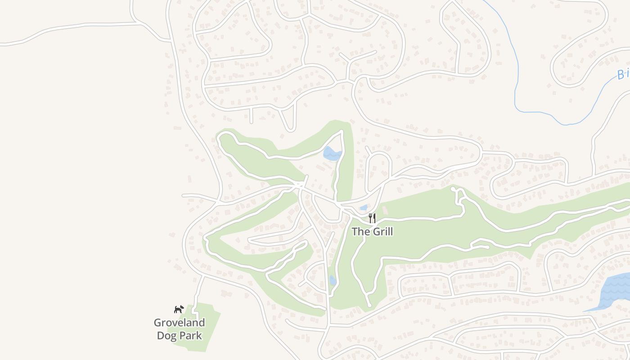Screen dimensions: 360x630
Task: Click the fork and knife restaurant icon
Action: tap(372, 218)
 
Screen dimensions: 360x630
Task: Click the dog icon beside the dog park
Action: tap(179, 309)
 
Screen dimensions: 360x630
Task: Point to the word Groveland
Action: tap(179, 323)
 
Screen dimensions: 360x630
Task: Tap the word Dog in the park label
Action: tap(166, 336)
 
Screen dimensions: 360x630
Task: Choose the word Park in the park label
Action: tap(190, 336)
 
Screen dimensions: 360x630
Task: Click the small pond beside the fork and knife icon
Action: tap(364, 208)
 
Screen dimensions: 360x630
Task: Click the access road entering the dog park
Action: tap(198, 292)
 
